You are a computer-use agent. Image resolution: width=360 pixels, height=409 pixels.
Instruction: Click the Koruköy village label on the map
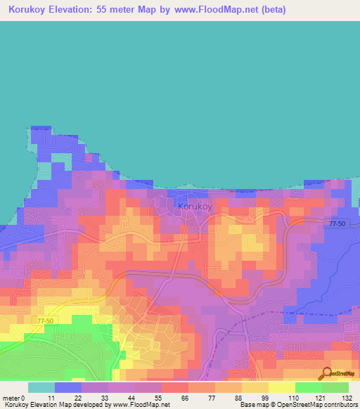coord(195,207)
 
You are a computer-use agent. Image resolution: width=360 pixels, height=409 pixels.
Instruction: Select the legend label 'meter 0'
coord(13,397)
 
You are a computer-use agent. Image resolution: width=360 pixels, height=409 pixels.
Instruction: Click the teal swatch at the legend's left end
coord(41,387)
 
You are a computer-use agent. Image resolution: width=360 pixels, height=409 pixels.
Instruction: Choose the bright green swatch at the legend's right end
coord(335,387)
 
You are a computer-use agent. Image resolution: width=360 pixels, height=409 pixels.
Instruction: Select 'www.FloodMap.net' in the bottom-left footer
coord(141,405)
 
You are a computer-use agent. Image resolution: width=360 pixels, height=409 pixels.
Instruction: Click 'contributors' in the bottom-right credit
coord(340,405)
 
